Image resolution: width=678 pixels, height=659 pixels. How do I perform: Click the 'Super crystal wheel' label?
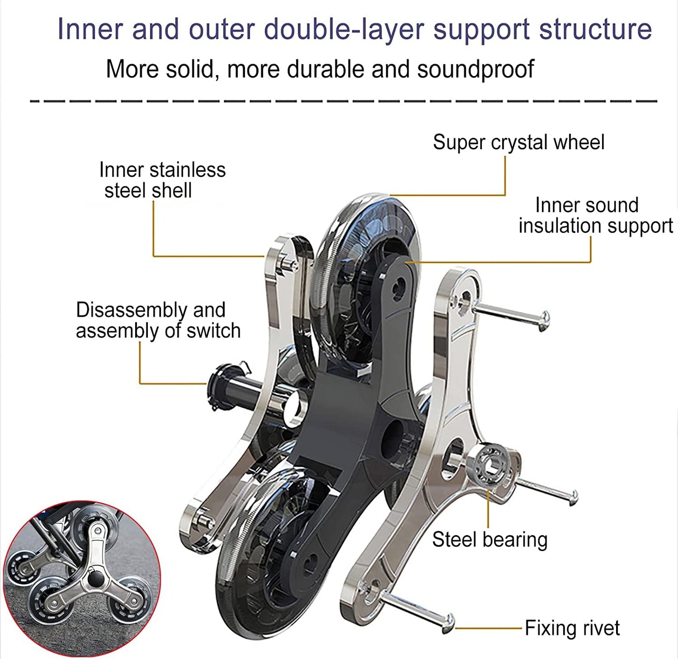[x=518, y=143]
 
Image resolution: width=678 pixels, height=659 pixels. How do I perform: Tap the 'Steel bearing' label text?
[x=490, y=539]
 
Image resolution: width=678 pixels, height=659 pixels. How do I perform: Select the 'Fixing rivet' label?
[x=572, y=628]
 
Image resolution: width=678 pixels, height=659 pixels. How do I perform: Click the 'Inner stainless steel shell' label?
[x=162, y=180]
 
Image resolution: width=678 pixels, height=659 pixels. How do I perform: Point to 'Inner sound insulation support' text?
[x=595, y=215]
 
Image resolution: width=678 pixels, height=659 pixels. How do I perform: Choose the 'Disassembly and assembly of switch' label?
[x=158, y=320]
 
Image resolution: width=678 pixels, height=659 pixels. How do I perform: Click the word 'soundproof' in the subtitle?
[x=476, y=69]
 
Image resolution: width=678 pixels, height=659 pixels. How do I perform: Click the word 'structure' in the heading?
[x=595, y=29]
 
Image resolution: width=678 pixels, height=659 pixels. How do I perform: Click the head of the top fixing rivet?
[x=544, y=321]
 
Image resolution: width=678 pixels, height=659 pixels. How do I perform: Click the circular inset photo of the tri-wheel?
[x=82, y=578]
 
